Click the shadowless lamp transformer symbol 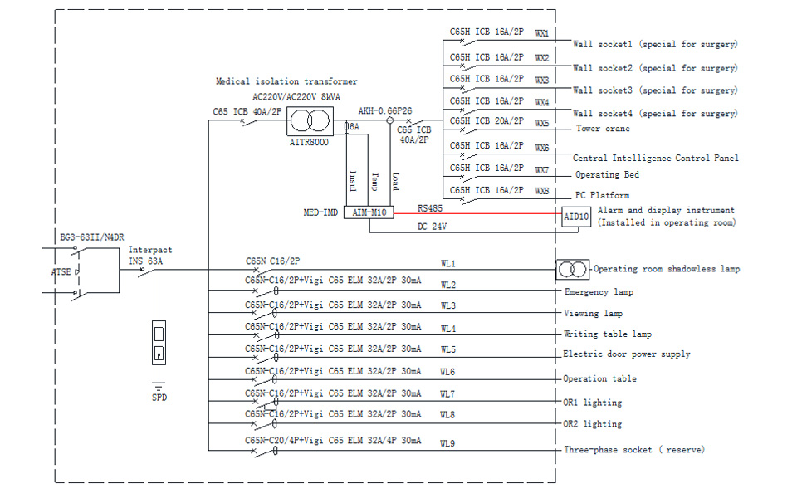pyautogui.click(x=572, y=269)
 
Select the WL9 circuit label pyautogui.click(x=448, y=443)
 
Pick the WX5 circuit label pyautogui.click(x=542, y=123)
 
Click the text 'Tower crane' pyautogui.click(x=603, y=129)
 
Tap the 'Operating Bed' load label pyautogui.click(x=609, y=175)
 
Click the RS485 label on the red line pyautogui.click(x=430, y=208)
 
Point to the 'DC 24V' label pyautogui.click(x=433, y=226)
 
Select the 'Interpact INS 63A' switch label pyautogui.click(x=150, y=255)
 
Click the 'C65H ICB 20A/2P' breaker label pyautogui.click(x=487, y=121)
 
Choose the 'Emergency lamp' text pyautogui.click(x=599, y=292)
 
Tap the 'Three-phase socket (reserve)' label pyautogui.click(x=634, y=450)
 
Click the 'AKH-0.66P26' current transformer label pyautogui.click(x=384, y=110)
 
